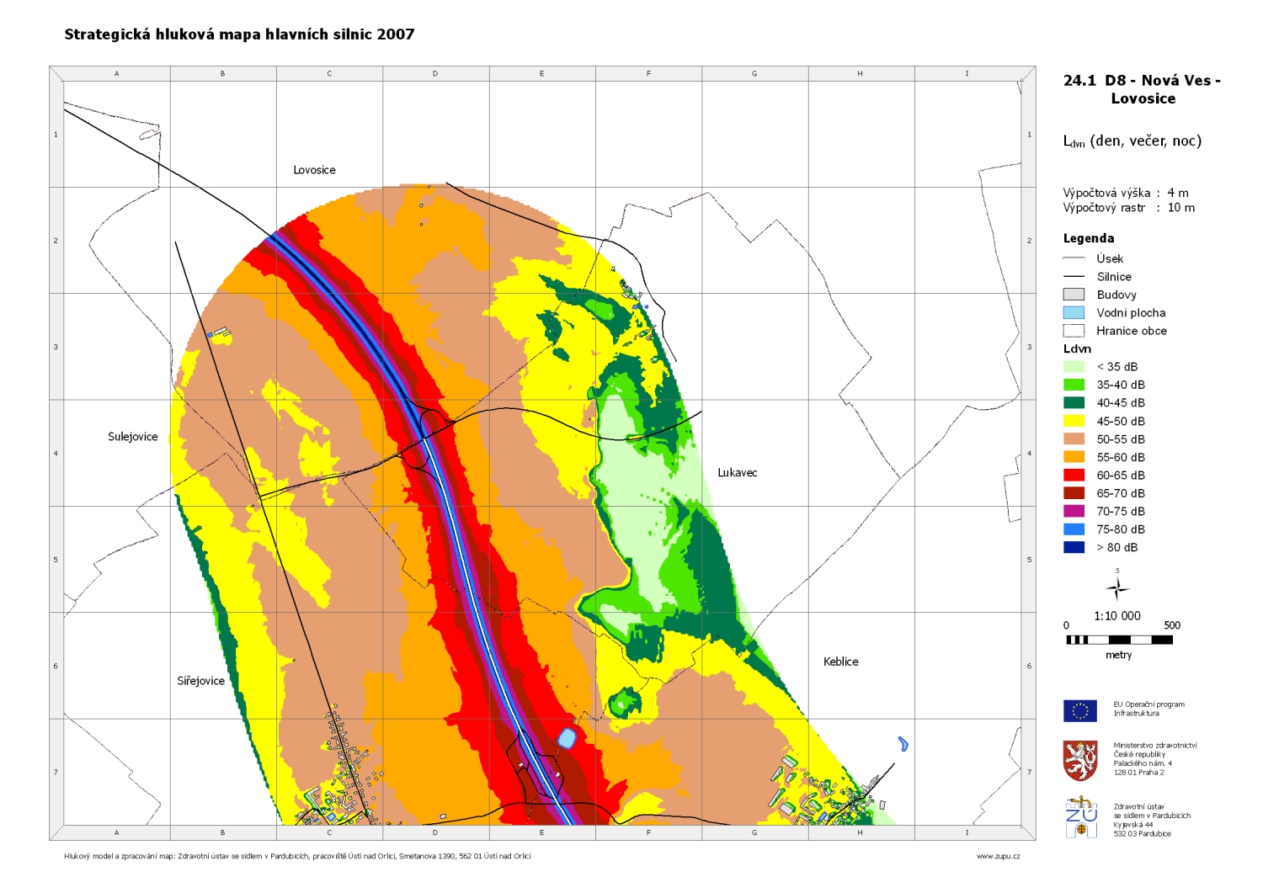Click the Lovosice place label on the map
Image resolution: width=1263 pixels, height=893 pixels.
(x=314, y=170)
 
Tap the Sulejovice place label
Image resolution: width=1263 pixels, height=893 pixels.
(x=133, y=437)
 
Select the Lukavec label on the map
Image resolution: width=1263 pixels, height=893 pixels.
(x=737, y=473)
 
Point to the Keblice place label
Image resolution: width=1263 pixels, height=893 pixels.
(x=840, y=662)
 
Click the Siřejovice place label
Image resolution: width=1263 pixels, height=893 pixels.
(x=200, y=681)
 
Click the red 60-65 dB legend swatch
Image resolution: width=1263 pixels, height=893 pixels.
(x=1074, y=476)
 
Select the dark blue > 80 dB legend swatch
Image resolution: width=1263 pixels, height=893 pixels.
(x=1074, y=547)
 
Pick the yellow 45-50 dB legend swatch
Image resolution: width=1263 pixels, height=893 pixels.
(x=1074, y=421)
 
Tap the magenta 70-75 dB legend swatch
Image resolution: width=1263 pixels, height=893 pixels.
(x=1074, y=512)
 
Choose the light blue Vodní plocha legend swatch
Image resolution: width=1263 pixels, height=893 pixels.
(x=1074, y=313)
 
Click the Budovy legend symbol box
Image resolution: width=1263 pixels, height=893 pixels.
(x=1074, y=295)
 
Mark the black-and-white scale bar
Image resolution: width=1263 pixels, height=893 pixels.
(x=1119, y=640)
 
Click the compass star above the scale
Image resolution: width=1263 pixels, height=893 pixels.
(x=1117, y=587)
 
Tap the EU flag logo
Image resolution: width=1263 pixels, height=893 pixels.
(x=1079, y=710)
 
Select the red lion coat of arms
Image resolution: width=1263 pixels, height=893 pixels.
(x=1079, y=761)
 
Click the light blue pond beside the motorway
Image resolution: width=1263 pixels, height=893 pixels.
(x=567, y=739)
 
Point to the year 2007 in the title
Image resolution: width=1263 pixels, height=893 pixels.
(x=396, y=35)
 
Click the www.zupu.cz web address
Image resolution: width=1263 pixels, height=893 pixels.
(x=998, y=856)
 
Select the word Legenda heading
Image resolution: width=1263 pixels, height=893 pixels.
(x=1089, y=238)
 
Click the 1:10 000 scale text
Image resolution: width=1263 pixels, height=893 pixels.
(x=1117, y=616)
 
